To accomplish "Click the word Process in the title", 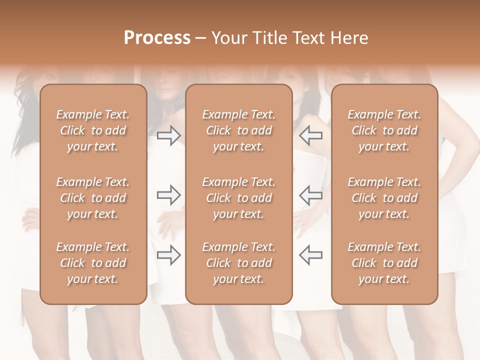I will point(157,38).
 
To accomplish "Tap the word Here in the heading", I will point(349,38).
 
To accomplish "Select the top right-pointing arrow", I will point(168,135).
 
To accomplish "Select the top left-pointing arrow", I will point(310,135).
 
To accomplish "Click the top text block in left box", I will point(93,130).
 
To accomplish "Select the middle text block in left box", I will point(93,198).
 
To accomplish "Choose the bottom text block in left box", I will point(93,263).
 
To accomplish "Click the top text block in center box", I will point(238,130).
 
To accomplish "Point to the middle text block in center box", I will point(238,198).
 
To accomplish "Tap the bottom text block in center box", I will point(238,263).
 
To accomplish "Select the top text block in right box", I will point(384,130).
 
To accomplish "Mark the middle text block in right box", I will point(384,198).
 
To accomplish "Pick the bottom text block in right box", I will point(384,263).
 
